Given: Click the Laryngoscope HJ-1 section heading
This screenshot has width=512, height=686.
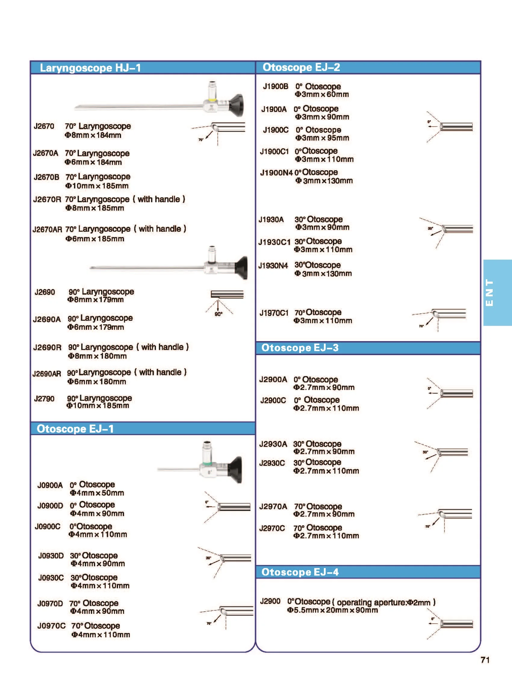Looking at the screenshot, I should point(90,68).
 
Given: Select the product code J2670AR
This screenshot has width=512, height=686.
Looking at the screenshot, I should point(48,230).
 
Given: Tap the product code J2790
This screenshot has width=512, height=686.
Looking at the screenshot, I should point(44,398).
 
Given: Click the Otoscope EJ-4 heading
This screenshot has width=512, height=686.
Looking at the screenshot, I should point(300,572).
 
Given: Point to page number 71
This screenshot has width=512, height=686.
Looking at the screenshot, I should point(485,660).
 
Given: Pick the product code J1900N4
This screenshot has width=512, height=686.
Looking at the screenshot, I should point(276,173).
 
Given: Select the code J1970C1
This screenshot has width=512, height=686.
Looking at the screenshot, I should point(274,313).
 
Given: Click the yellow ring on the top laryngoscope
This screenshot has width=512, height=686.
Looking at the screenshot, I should point(212,100).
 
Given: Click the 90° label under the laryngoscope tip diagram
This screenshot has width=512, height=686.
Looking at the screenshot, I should point(219,314).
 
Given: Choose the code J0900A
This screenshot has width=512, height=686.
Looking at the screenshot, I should point(50,485).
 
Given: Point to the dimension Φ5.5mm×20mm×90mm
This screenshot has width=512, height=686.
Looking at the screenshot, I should point(332,610).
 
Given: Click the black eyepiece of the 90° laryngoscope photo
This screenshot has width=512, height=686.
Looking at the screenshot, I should point(241,268).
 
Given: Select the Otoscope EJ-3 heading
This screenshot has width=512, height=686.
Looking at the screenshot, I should point(300,348).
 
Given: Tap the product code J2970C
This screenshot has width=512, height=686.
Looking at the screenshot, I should point(272,528).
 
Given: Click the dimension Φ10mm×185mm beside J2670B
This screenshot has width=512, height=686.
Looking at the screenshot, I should point(97,186).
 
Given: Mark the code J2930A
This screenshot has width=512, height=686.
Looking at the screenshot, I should point(273,444).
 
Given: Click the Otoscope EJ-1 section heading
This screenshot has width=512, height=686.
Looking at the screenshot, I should point(75,429).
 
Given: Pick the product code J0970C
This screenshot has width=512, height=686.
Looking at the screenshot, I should point(51,626).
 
